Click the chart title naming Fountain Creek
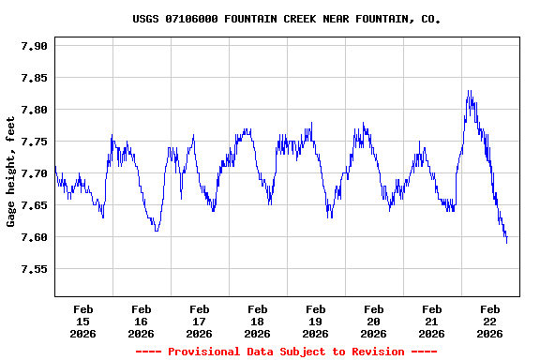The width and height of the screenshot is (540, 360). tap(286, 19)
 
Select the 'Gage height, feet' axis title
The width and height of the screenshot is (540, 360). tap(11, 172)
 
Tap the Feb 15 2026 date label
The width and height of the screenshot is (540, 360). tap(82, 321)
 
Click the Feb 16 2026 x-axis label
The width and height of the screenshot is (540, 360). tap(141, 321)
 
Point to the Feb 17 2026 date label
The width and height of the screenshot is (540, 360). tap(199, 321)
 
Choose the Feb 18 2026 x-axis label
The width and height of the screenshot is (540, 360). tap(257, 321)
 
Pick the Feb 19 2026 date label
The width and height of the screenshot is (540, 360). tap(315, 321)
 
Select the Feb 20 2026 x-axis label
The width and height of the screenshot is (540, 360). tap(373, 321)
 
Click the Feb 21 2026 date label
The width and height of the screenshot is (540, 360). tap(431, 321)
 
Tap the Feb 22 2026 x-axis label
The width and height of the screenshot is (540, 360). tap(489, 321)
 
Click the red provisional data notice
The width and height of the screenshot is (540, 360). tap(286, 352)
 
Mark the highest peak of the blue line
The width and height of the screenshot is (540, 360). tap(470, 91)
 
